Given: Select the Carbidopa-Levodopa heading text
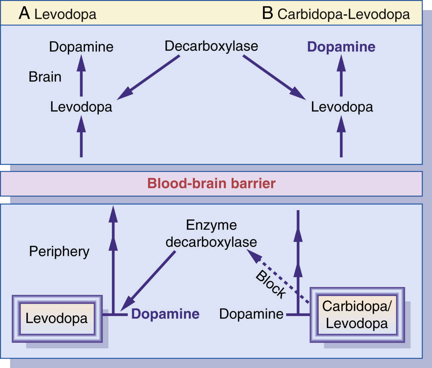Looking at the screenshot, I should [x=343, y=14].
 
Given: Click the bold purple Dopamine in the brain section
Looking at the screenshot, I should [x=341, y=47].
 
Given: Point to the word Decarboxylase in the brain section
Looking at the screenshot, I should [x=211, y=46].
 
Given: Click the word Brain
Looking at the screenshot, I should [x=45, y=77].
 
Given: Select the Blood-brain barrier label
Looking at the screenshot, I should [x=211, y=184].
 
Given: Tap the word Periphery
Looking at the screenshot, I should [x=59, y=252].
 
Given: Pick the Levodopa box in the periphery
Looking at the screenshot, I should [x=57, y=319].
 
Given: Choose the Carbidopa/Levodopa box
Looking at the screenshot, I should [x=357, y=315].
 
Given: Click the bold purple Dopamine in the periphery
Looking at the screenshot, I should [x=165, y=314].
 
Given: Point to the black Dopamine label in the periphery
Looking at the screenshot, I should [x=251, y=314].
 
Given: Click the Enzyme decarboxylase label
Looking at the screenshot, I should [x=211, y=234].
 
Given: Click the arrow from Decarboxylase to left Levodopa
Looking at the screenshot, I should [x=149, y=77].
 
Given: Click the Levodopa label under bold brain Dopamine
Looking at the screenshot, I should [x=342, y=107].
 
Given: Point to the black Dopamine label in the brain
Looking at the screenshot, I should [x=81, y=47].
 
